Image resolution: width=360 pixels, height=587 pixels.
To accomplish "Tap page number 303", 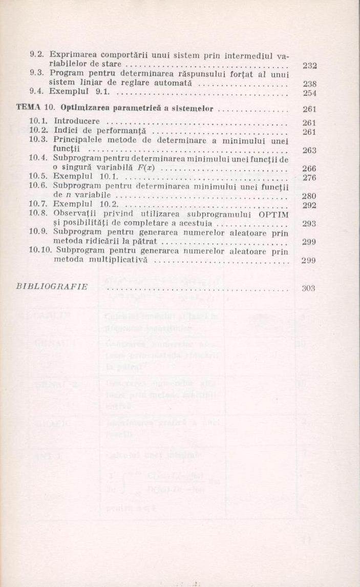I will click(x=308, y=288).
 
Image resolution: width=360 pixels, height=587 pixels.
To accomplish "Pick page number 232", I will click(x=310, y=66).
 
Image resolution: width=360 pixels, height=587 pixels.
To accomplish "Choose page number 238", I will click(x=310, y=83).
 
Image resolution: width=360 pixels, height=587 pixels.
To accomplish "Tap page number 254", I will click(x=310, y=93).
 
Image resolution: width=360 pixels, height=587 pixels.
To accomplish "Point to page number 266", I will click(x=309, y=169).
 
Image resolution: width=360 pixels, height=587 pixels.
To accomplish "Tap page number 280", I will click(x=309, y=196).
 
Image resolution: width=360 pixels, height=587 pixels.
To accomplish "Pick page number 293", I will click(x=309, y=224).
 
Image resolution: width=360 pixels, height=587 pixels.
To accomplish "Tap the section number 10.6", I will click(x=37, y=186).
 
